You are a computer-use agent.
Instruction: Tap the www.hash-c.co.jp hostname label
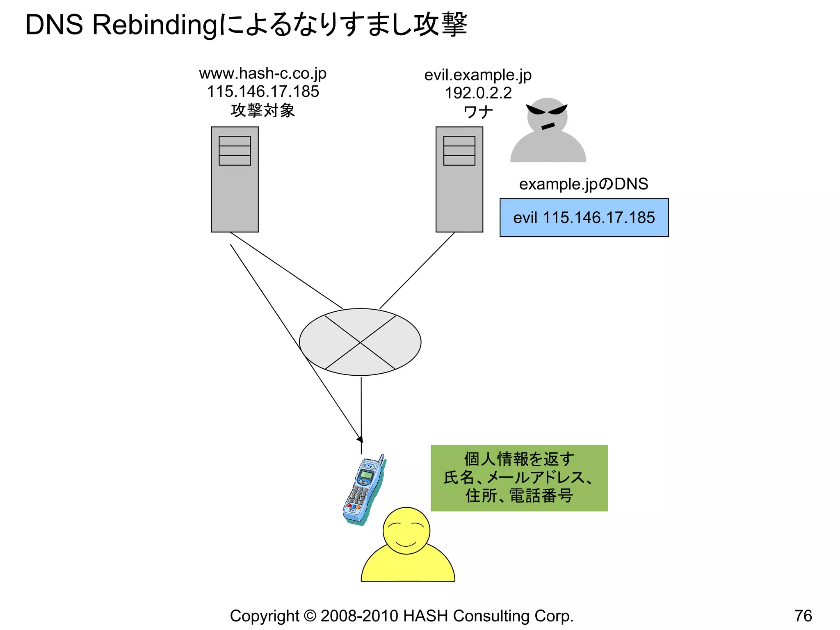pyautogui.click(x=262, y=74)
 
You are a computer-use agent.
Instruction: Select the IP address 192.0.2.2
pyautogui.click(x=478, y=93)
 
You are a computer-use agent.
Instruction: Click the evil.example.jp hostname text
pyautogui.click(x=478, y=75)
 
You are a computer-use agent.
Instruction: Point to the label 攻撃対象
pyautogui.click(x=263, y=110)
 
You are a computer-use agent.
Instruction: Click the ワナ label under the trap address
pyautogui.click(x=478, y=112)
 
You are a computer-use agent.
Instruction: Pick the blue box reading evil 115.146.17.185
pyautogui.click(x=584, y=217)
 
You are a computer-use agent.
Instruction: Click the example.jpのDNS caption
pyautogui.click(x=583, y=184)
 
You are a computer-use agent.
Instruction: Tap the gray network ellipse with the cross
pyautogui.click(x=360, y=342)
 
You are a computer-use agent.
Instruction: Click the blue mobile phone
pyautogui.click(x=363, y=490)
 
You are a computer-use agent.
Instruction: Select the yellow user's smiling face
pyautogui.click(x=406, y=530)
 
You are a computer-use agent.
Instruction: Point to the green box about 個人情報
pyautogui.click(x=519, y=478)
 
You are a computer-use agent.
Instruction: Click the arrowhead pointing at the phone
pyautogui.click(x=360, y=439)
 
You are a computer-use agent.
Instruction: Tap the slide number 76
pyautogui.click(x=803, y=616)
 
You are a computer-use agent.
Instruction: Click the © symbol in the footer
pyautogui.click(x=310, y=616)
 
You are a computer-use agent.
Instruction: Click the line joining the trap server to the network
pyautogui.click(x=417, y=270)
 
